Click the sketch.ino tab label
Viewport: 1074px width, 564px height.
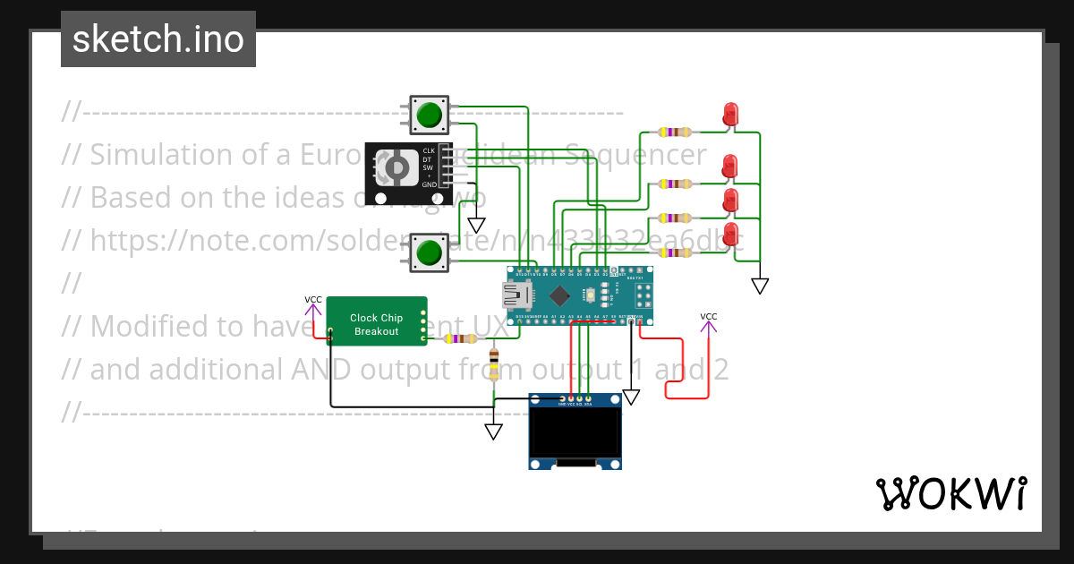point(158,39)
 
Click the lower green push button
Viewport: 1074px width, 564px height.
point(430,252)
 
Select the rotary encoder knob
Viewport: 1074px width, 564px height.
point(394,167)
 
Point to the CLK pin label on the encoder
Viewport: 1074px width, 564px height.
point(429,150)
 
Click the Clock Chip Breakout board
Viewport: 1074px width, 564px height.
point(376,321)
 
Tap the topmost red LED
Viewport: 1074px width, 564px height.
point(730,114)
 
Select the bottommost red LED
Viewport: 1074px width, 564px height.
point(730,235)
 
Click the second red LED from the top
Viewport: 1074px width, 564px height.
point(730,166)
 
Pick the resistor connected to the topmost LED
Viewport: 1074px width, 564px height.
point(674,132)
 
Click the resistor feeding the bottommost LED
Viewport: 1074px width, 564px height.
point(674,252)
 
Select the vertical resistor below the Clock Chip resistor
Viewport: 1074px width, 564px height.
point(493,365)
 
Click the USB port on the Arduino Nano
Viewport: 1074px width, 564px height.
point(516,295)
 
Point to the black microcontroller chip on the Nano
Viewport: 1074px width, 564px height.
point(559,295)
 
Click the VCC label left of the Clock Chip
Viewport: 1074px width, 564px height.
point(313,300)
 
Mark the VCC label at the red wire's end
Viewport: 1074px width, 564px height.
point(708,317)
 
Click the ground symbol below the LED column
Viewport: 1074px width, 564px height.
point(760,286)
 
